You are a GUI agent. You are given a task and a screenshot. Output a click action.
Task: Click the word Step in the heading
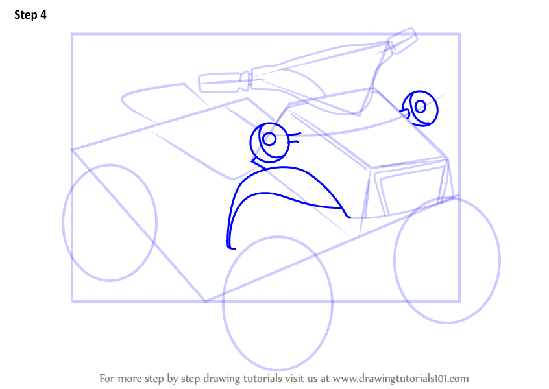tap(25, 15)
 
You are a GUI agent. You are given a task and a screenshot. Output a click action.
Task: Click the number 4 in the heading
tap(43, 15)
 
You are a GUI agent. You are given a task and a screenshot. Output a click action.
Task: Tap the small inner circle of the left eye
tap(269, 139)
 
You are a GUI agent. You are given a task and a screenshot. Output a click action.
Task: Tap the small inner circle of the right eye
tap(420, 106)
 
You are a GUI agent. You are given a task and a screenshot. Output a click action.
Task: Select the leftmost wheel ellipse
tap(63, 222)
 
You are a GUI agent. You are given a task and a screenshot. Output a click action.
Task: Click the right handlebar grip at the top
tap(402, 40)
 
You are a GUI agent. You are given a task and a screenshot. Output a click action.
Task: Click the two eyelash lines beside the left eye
tap(294, 137)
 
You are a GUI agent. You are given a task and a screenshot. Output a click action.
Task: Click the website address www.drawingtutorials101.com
tap(400, 379)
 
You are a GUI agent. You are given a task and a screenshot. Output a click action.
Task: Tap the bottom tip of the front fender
tap(232, 248)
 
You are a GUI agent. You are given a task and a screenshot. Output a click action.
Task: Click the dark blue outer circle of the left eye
tap(250, 143)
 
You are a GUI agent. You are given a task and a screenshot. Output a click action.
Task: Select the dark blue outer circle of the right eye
tap(437, 108)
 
